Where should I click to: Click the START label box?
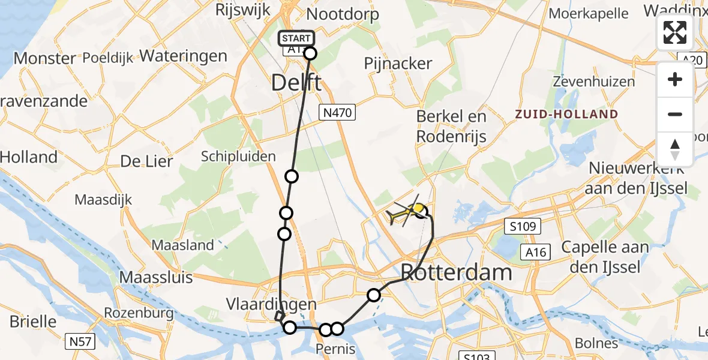pyautogui.click(x=296, y=38)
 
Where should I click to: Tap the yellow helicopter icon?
pyautogui.click(x=407, y=211)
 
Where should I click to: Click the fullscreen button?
pyautogui.click(x=675, y=32)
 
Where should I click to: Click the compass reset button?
pyautogui.click(x=675, y=149)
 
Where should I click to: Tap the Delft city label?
pyautogui.click(x=296, y=82)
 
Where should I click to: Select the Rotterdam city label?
pyautogui.click(x=456, y=272)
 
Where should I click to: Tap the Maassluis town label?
pyautogui.click(x=156, y=277)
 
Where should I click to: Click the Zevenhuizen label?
pyautogui.click(x=593, y=82)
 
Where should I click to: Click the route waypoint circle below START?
pyautogui.click(x=310, y=53)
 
